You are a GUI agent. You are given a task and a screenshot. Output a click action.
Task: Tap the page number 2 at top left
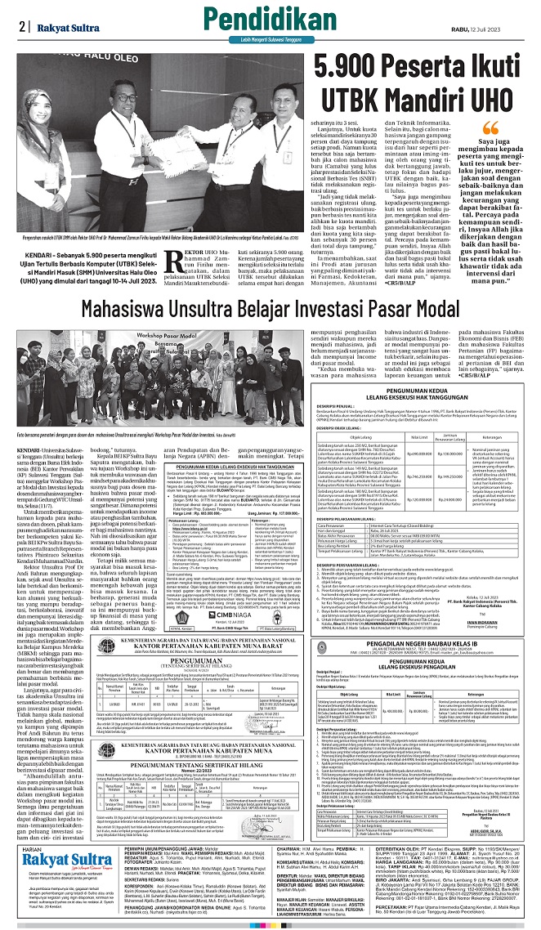click(x=20, y=25)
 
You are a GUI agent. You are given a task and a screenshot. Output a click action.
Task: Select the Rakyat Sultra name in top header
click(x=64, y=25)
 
